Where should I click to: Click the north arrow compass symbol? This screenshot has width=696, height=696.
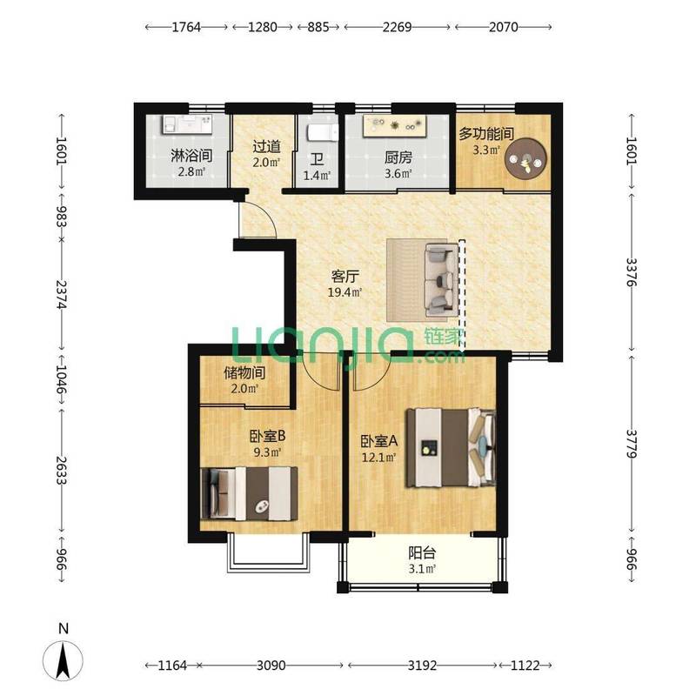[63, 660]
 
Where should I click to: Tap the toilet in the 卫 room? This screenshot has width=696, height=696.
[323, 132]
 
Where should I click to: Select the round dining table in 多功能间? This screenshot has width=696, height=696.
[526, 159]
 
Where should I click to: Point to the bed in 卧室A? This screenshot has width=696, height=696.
[452, 447]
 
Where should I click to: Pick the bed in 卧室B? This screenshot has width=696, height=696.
[249, 493]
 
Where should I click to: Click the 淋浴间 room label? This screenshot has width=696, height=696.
[191, 156]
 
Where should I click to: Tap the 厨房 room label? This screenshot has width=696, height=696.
[398, 157]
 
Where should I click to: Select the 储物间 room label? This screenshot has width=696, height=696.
[244, 372]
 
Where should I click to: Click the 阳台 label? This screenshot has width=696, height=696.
[422, 553]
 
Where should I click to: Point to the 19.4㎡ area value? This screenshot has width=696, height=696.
[345, 292]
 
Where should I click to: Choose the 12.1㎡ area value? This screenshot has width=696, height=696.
[378, 457]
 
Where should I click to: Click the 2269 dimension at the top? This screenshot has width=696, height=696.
[398, 27]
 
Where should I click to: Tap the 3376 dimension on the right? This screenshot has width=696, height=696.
[632, 272]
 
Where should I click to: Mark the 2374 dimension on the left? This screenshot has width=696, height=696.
[61, 294]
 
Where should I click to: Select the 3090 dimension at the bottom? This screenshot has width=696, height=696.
[271, 666]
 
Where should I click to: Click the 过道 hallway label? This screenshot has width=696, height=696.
[267, 146]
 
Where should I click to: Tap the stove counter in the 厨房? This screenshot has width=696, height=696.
[395, 125]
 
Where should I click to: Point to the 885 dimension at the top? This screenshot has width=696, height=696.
[318, 27]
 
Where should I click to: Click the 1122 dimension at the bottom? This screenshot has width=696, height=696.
[525, 666]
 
